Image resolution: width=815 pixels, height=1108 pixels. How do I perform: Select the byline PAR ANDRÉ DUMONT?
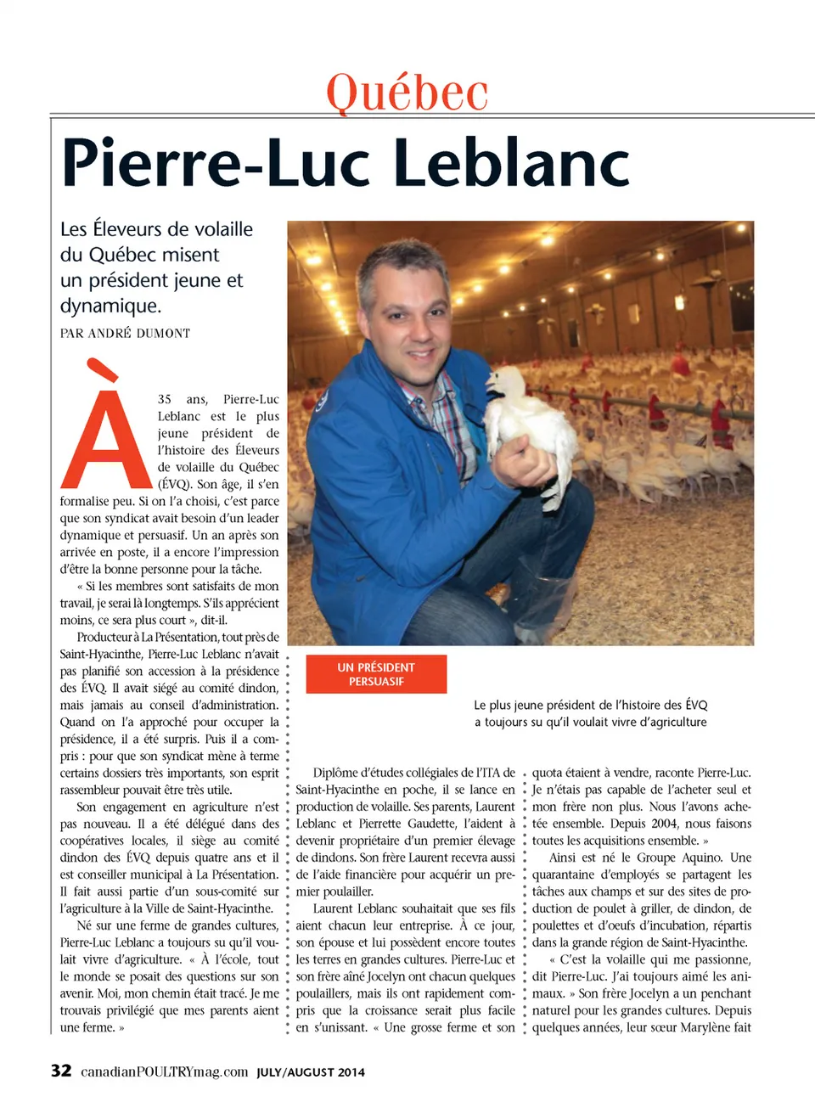click(125, 334)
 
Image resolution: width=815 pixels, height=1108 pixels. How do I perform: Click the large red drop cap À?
click(106, 429)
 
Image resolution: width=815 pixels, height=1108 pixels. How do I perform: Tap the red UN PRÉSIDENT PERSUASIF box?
click(376, 674)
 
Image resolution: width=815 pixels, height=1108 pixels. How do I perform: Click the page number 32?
click(61, 1071)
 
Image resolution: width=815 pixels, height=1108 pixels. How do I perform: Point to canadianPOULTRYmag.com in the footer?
click(164, 1071)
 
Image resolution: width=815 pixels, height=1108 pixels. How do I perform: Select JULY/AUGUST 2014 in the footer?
click(311, 1072)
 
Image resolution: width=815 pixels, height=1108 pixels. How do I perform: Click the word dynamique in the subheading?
click(110, 306)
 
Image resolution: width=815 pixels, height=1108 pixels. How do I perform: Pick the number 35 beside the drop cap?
click(165, 399)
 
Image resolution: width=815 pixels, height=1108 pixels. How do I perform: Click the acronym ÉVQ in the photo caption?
click(696, 705)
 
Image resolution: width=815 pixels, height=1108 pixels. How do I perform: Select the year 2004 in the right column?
click(664, 824)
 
